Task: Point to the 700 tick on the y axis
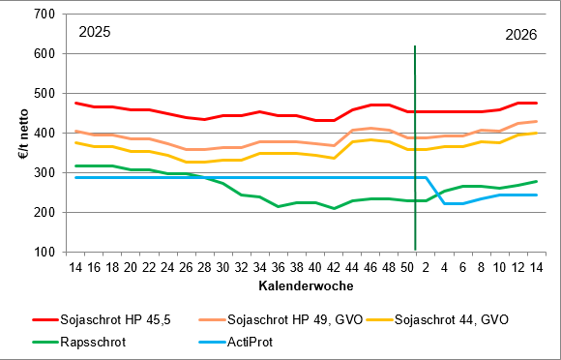click(x=44, y=15)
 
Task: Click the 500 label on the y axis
click(x=44, y=94)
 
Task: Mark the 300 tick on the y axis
click(x=44, y=173)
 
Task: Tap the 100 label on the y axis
click(x=44, y=253)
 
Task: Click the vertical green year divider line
click(x=415, y=145)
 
